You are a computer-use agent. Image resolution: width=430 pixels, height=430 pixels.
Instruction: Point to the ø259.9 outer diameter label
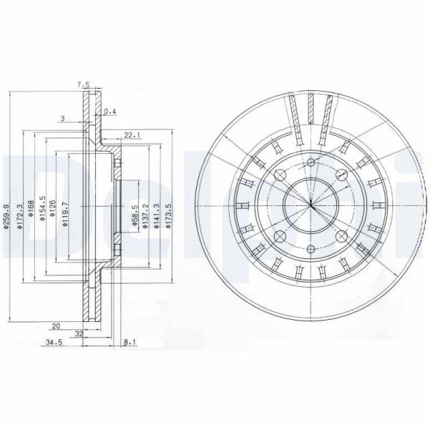pyautogui.click(x=6, y=215)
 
